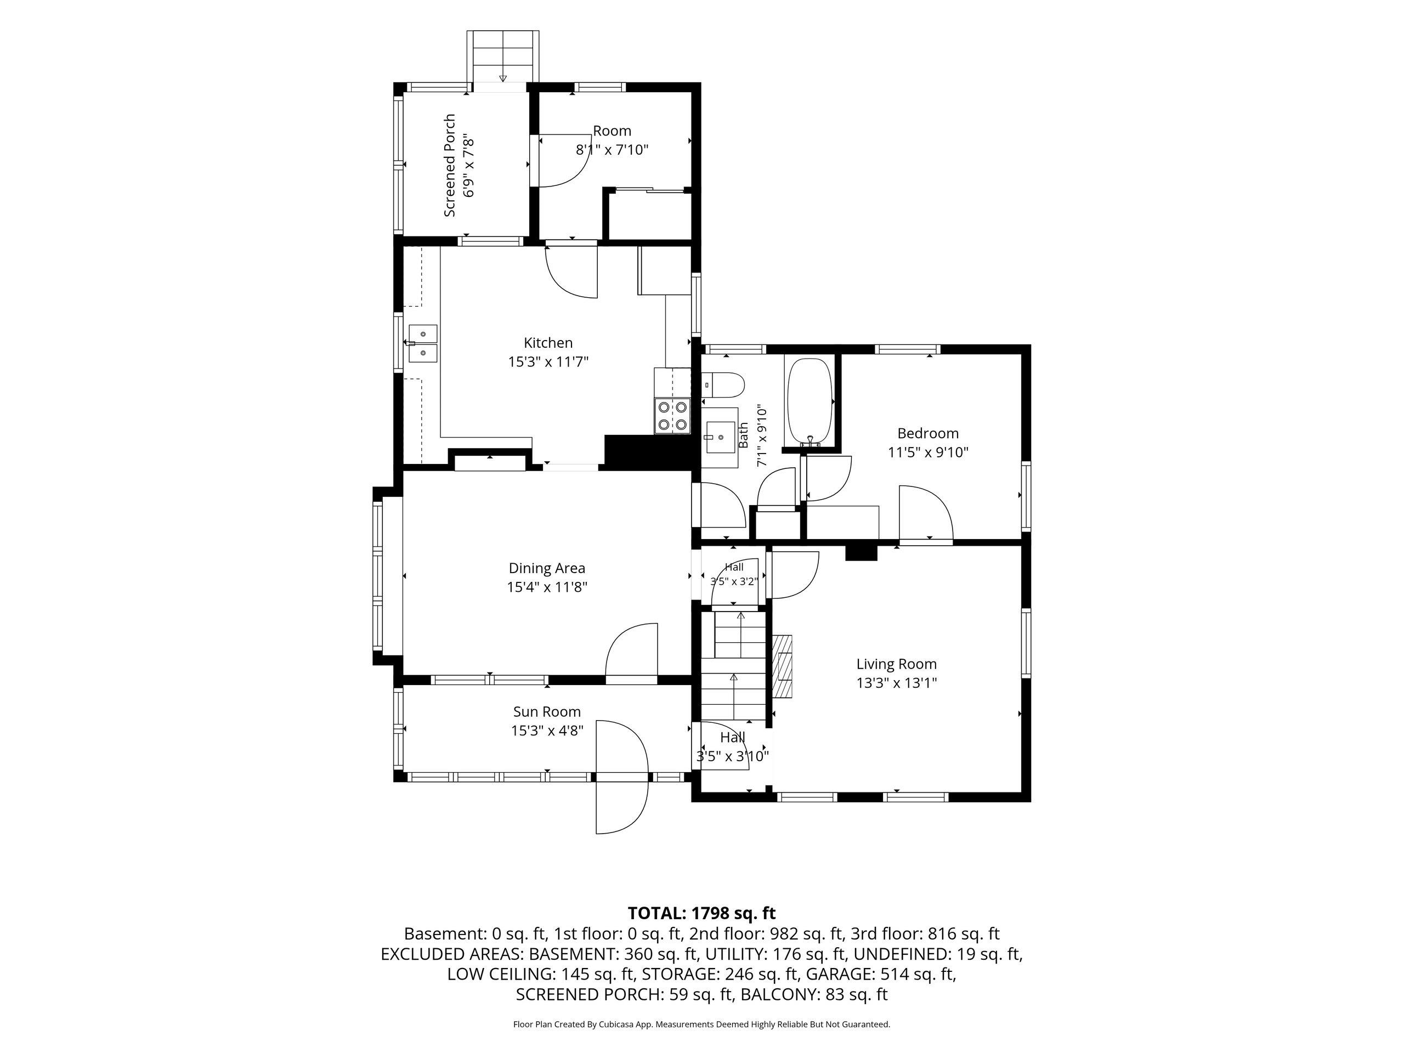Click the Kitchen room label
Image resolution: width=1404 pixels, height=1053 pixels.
(548, 343)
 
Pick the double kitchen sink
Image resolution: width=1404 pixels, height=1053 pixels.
(423, 343)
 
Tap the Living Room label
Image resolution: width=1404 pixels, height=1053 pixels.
(896, 664)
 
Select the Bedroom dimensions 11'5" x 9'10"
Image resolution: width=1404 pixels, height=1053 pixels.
(927, 452)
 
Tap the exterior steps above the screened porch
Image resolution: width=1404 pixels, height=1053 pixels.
(503, 57)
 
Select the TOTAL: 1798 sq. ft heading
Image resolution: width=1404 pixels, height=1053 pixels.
(701, 913)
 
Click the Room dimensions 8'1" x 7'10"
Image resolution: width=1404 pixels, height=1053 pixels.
(612, 150)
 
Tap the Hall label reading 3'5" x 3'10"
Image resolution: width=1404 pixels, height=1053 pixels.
(733, 747)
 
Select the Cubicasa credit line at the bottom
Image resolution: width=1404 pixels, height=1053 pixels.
(701, 1024)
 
